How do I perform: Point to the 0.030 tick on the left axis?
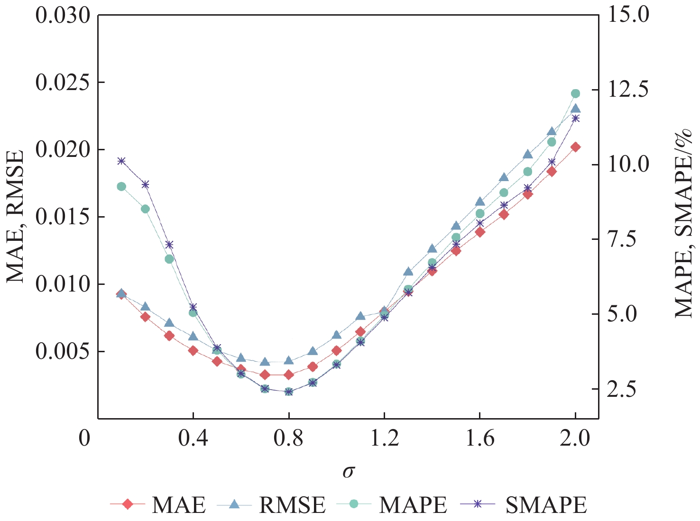[63, 16]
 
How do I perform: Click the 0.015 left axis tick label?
[63, 217]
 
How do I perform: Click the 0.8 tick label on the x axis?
[288, 439]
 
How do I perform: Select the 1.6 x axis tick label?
[479, 439]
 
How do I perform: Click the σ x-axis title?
[349, 471]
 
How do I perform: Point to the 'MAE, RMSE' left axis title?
[15, 217]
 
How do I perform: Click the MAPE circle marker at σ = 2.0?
[575, 93]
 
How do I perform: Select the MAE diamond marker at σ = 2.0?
[575, 147]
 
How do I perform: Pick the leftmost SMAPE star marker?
[121, 161]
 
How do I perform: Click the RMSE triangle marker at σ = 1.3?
[408, 272]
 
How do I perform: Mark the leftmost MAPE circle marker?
[121, 186]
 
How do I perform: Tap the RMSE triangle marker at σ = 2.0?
[575, 109]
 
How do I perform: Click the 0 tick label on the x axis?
[84, 439]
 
